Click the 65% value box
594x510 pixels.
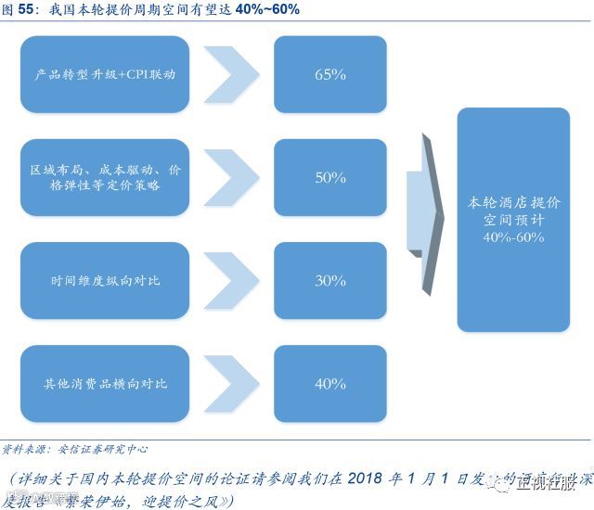tap(329, 74)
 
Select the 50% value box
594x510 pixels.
tap(329, 177)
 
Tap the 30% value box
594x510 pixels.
tap(329, 280)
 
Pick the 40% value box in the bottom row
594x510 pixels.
tap(329, 383)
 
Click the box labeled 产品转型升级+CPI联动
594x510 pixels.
tap(104, 74)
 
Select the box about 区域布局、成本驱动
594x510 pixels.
tap(104, 177)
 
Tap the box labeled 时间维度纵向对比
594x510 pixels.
tap(104, 280)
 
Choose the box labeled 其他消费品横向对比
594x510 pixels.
tap(104, 383)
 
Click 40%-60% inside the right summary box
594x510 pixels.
tap(513, 237)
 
